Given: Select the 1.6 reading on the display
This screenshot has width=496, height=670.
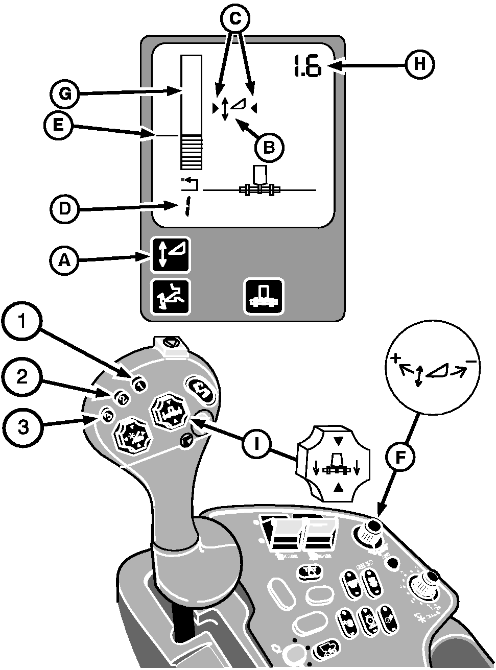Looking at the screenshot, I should click(306, 66).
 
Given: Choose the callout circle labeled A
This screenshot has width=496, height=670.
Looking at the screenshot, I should click(63, 261).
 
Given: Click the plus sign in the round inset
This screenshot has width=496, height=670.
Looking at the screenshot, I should click(394, 360).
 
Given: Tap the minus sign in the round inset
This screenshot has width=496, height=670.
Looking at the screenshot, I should click(471, 363).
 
